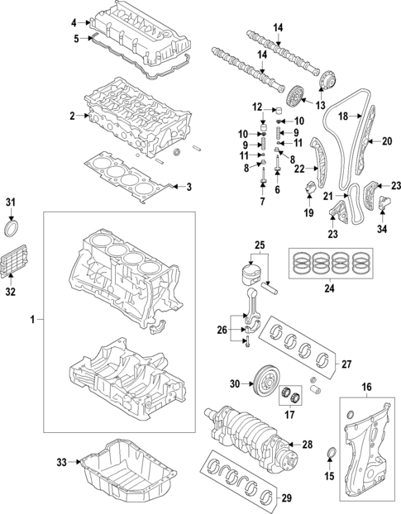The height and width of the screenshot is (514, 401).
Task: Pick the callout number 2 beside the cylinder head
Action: pos(72,116)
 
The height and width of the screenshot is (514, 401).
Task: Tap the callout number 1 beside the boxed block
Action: pos(33,318)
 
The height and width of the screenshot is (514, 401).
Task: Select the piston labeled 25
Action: pos(255,276)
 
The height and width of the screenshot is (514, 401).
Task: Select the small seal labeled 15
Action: pos(333,451)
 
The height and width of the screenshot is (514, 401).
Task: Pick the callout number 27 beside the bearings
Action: pos(346,363)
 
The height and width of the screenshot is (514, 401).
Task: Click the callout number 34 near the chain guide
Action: pos(383,229)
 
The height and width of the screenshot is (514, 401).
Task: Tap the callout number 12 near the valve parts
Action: pos(257,107)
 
